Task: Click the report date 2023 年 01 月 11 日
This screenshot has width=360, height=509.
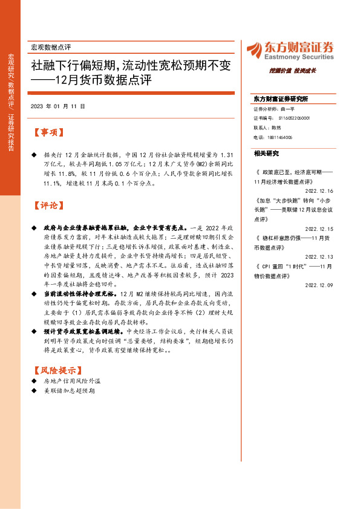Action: click(x=57, y=106)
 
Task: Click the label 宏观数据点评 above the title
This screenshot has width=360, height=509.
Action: click(x=51, y=47)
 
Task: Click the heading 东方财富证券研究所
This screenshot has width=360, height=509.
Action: click(x=281, y=99)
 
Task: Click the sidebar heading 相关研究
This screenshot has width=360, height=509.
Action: click(x=267, y=153)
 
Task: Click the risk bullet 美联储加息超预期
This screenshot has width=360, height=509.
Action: click(x=70, y=392)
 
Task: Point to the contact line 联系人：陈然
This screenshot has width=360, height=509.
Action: click(x=268, y=128)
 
